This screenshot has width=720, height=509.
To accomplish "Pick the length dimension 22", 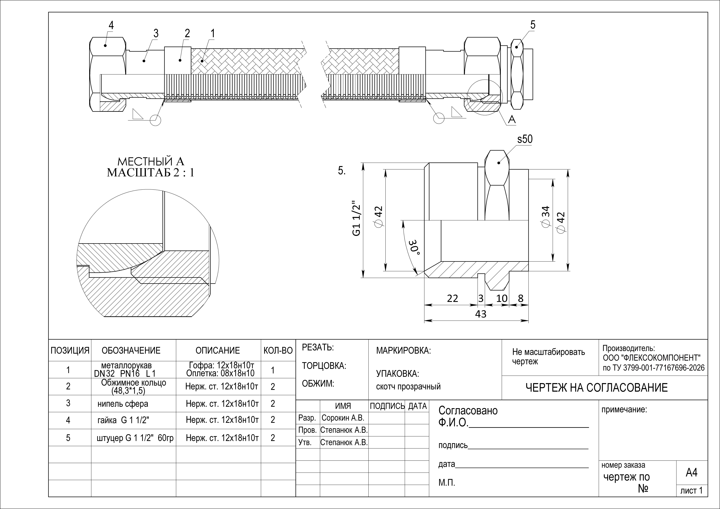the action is point(453,298).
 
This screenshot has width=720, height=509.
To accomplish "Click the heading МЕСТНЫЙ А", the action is point(151,162).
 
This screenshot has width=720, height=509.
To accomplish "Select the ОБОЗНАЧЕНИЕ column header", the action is point(131,350).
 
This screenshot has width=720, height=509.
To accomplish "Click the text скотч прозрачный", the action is point(408,387).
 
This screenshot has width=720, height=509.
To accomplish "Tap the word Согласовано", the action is point(468,410).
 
